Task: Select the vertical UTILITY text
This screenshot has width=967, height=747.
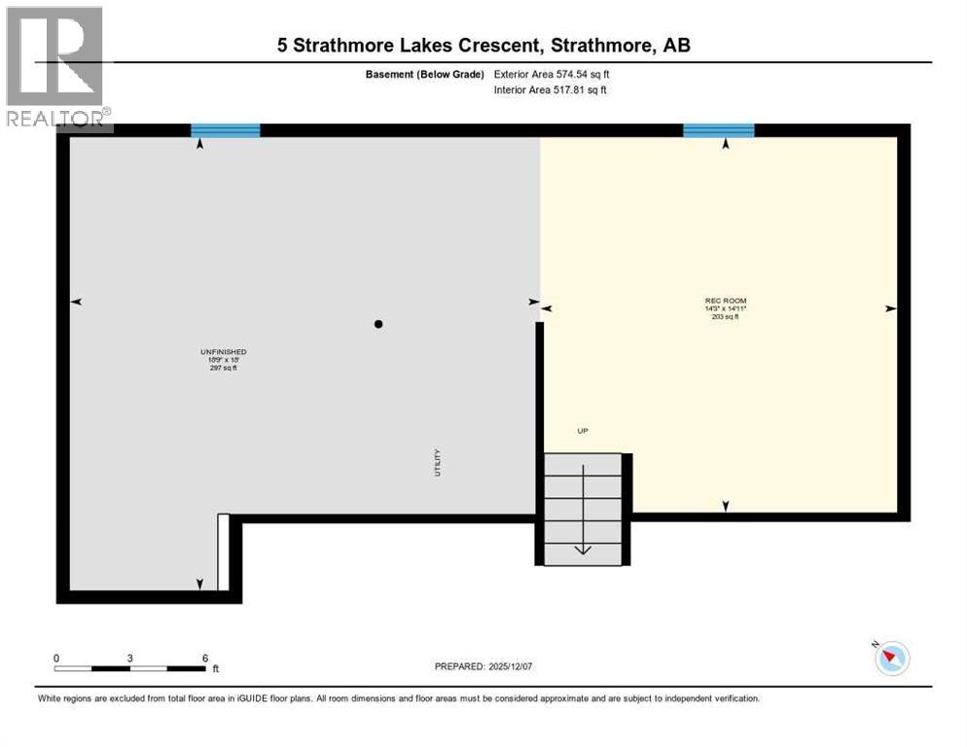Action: (x=439, y=461)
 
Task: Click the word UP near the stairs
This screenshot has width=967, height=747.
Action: (x=583, y=431)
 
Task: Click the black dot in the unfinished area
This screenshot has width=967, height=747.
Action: (x=379, y=324)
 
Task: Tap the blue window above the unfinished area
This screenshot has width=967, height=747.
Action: (x=226, y=130)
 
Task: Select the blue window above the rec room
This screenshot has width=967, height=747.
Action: (x=719, y=130)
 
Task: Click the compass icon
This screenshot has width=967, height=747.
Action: (x=891, y=658)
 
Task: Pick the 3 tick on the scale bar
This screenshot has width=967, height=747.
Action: (x=130, y=658)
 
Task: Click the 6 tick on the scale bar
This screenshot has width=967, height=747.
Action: (x=205, y=658)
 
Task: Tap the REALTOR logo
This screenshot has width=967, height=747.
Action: (x=56, y=68)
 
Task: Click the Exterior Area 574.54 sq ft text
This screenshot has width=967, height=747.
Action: (x=552, y=74)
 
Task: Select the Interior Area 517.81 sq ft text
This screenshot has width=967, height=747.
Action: (x=552, y=90)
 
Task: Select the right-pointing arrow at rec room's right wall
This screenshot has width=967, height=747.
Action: (x=890, y=308)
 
